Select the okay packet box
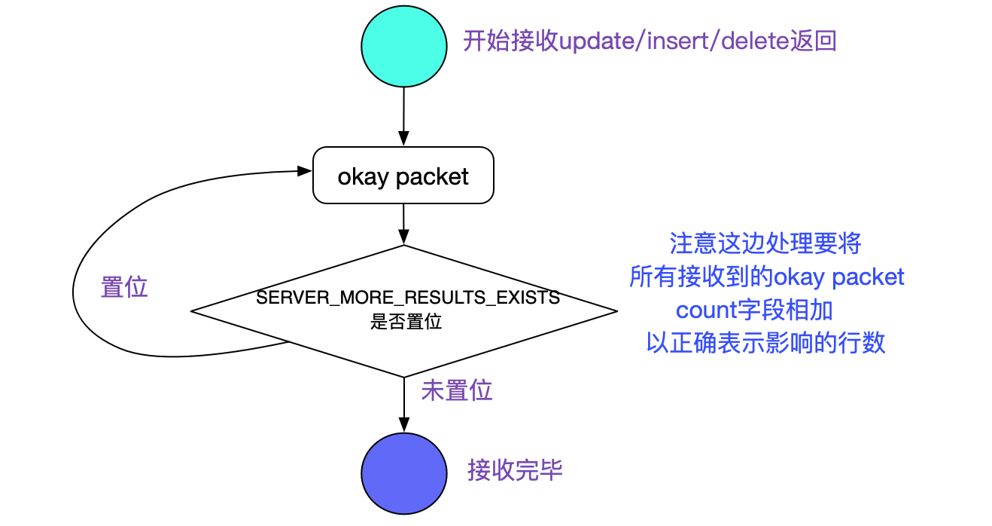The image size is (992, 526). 403,176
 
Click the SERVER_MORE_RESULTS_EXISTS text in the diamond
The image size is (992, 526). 408,298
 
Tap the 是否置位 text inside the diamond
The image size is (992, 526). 406,322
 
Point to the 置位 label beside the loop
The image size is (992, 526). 124,287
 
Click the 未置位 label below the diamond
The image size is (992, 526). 457,390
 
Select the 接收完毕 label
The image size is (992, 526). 516,470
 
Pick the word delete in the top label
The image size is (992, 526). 755,41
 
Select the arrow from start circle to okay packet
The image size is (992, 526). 404,117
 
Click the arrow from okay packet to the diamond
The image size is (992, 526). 404,224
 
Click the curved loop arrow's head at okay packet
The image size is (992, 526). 305,172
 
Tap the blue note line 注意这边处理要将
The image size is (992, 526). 765,243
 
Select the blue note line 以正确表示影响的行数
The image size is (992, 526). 765,343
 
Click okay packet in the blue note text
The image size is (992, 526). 839,277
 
